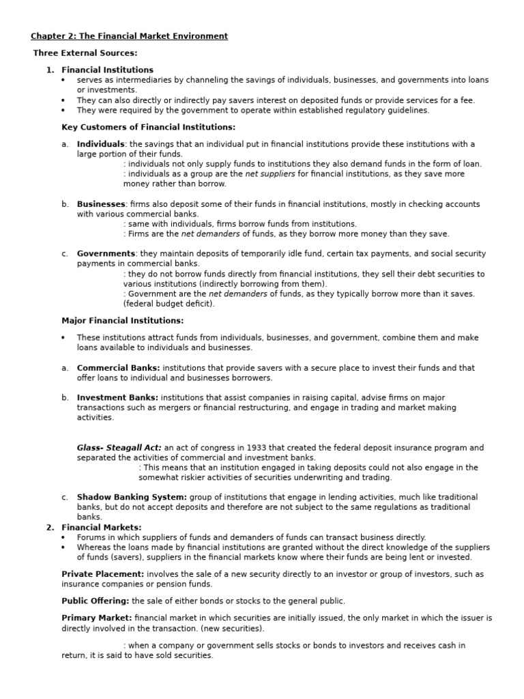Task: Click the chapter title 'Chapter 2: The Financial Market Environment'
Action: tap(129, 36)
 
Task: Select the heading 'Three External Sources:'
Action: tap(85, 53)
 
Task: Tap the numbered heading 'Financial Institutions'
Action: tap(107, 70)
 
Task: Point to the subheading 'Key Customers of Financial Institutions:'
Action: tap(148, 127)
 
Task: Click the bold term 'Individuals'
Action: tap(100, 144)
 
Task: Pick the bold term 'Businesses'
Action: tap(101, 204)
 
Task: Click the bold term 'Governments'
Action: tap(105, 253)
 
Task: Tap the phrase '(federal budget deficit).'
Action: tap(169, 304)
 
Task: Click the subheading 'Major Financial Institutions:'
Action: tap(122, 320)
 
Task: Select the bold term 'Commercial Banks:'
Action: tap(118, 368)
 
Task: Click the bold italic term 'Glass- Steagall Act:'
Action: tap(119, 448)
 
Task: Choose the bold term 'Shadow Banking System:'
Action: tap(131, 497)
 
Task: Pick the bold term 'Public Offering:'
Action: tap(96, 601)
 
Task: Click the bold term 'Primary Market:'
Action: tap(96, 618)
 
